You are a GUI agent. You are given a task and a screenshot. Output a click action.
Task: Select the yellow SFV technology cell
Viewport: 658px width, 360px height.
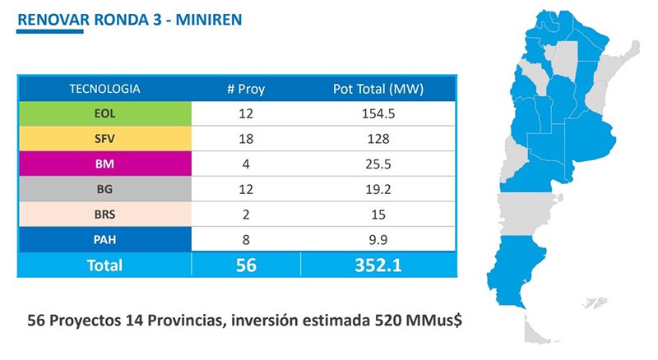tap(104, 139)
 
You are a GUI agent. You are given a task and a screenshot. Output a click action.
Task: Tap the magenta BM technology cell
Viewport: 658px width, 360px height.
tap(104, 164)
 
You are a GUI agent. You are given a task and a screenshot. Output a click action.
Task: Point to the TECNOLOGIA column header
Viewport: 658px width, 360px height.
tap(104, 88)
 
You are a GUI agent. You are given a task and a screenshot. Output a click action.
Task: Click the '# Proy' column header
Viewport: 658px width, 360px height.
tap(246, 89)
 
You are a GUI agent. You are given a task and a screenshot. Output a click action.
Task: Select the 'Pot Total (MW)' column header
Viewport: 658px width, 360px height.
tap(378, 89)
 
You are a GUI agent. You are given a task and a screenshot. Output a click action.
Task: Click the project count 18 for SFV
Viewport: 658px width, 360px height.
tap(246, 139)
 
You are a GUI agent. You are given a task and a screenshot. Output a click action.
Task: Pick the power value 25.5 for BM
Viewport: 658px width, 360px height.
tap(378, 164)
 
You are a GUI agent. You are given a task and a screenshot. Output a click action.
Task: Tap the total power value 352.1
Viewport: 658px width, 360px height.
tap(378, 265)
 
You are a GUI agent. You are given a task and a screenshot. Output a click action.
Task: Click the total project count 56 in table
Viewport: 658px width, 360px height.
tap(246, 265)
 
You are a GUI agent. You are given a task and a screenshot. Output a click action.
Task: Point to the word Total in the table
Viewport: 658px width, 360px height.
tap(104, 265)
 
